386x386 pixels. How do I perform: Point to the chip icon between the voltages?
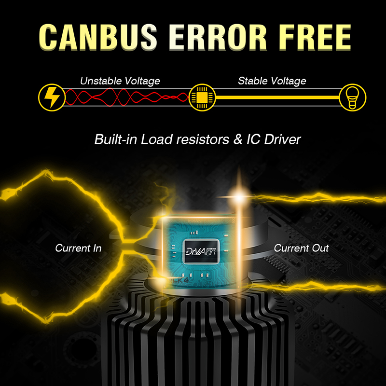201,96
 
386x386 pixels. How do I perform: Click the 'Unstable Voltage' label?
120,81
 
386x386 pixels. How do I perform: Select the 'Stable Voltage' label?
272,81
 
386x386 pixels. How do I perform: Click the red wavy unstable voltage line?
125,96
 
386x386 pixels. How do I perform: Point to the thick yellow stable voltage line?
275,96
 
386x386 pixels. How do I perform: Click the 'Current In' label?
78,248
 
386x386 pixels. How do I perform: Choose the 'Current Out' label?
301,248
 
